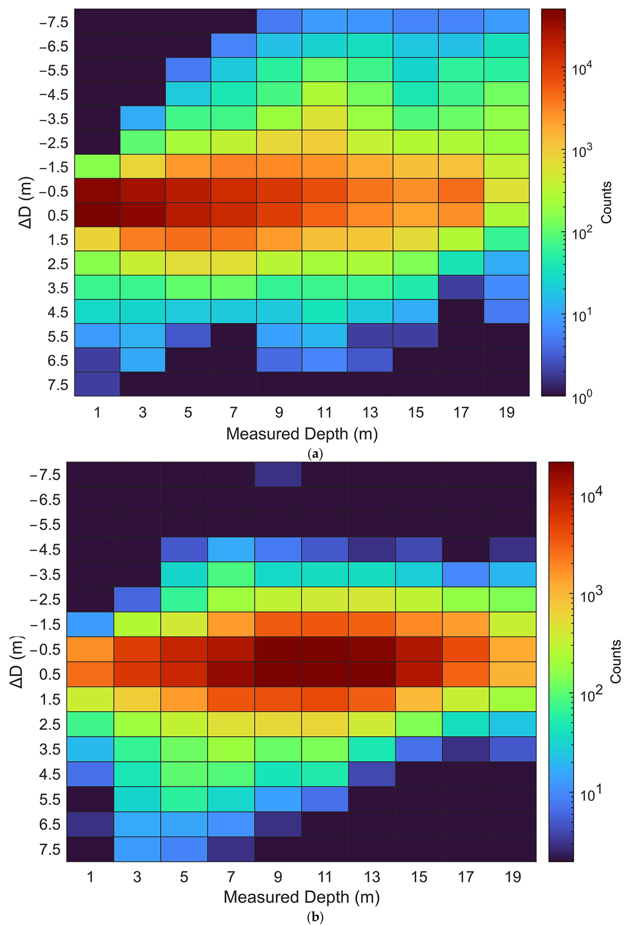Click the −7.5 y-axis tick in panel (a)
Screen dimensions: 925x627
click(54, 22)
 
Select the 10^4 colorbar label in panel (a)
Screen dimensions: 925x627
click(582, 68)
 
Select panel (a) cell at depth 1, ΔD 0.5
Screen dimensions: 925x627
click(97, 214)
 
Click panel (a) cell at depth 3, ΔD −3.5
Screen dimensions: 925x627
click(143, 118)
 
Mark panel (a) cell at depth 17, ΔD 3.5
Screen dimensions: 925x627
click(461, 287)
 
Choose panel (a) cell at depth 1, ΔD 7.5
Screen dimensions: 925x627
click(97, 384)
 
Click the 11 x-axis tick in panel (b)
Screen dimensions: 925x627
click(325, 877)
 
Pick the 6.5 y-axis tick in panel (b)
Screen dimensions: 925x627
click(50, 824)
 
